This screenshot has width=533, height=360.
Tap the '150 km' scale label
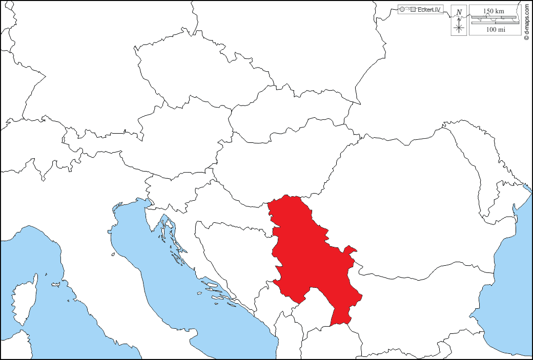coord(494,11)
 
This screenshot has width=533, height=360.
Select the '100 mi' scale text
coord(495,30)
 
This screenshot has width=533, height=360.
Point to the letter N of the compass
coord(459,12)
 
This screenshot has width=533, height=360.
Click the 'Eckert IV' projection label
coord(429,9)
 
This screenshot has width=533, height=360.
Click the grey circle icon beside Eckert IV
coord(402,9)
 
